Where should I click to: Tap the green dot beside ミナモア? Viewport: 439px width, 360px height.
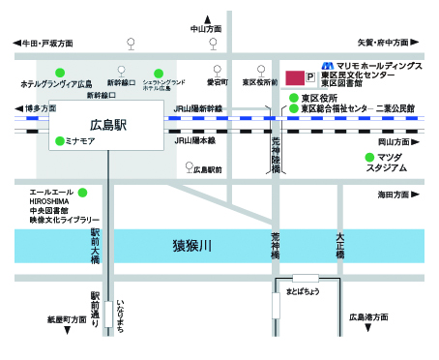(59, 140)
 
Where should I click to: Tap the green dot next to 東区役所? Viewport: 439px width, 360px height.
(293, 98)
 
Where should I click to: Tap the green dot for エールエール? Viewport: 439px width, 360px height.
(82, 192)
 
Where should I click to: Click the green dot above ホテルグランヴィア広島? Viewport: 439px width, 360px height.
(60, 72)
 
